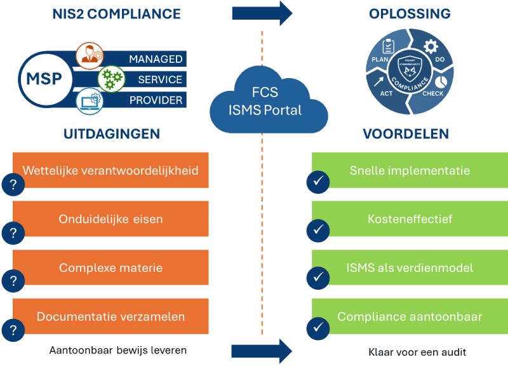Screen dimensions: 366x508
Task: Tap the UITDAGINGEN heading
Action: point(111,134)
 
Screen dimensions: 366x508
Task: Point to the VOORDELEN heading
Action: point(406,134)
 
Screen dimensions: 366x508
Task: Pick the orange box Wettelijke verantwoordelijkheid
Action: point(110,170)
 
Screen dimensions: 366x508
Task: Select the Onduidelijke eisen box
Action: point(110,219)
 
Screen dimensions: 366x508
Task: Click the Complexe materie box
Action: point(110,268)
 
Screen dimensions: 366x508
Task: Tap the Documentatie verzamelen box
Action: point(110,316)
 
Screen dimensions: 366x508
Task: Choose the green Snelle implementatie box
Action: point(410,170)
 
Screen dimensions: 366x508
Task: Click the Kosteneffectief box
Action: point(410,219)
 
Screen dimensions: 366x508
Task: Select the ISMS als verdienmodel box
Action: point(410,268)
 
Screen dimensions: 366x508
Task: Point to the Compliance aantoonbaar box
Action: point(410,316)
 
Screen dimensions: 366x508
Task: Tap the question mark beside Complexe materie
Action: point(12,280)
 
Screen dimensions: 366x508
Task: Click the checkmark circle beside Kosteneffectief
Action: point(317,231)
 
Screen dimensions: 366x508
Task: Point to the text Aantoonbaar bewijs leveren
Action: point(118,350)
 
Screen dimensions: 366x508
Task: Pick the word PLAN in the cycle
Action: point(380,59)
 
